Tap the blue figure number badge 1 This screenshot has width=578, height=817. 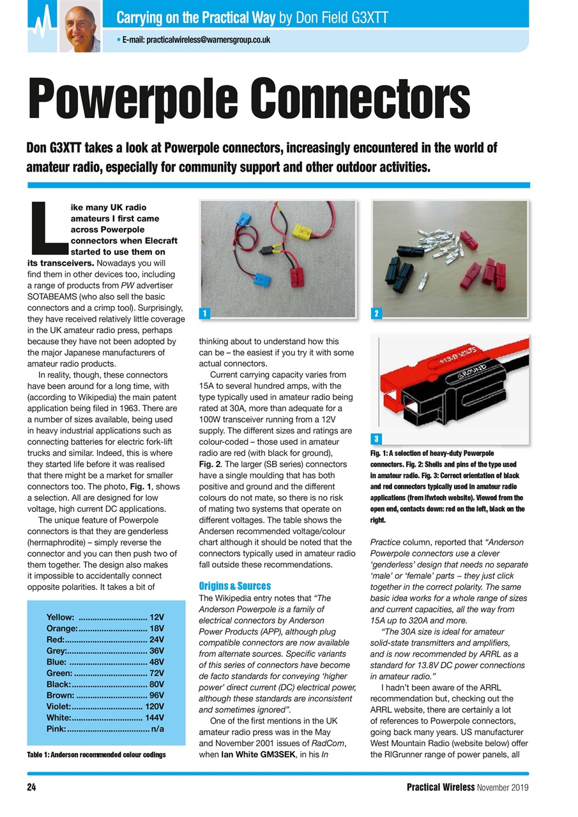(203, 313)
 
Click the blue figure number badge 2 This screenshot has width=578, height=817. (377, 313)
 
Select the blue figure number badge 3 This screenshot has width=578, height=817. (377, 439)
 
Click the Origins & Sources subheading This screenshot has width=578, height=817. (234, 585)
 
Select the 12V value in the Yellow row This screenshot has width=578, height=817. (156, 617)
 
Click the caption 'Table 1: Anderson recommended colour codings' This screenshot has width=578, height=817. (96, 754)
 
